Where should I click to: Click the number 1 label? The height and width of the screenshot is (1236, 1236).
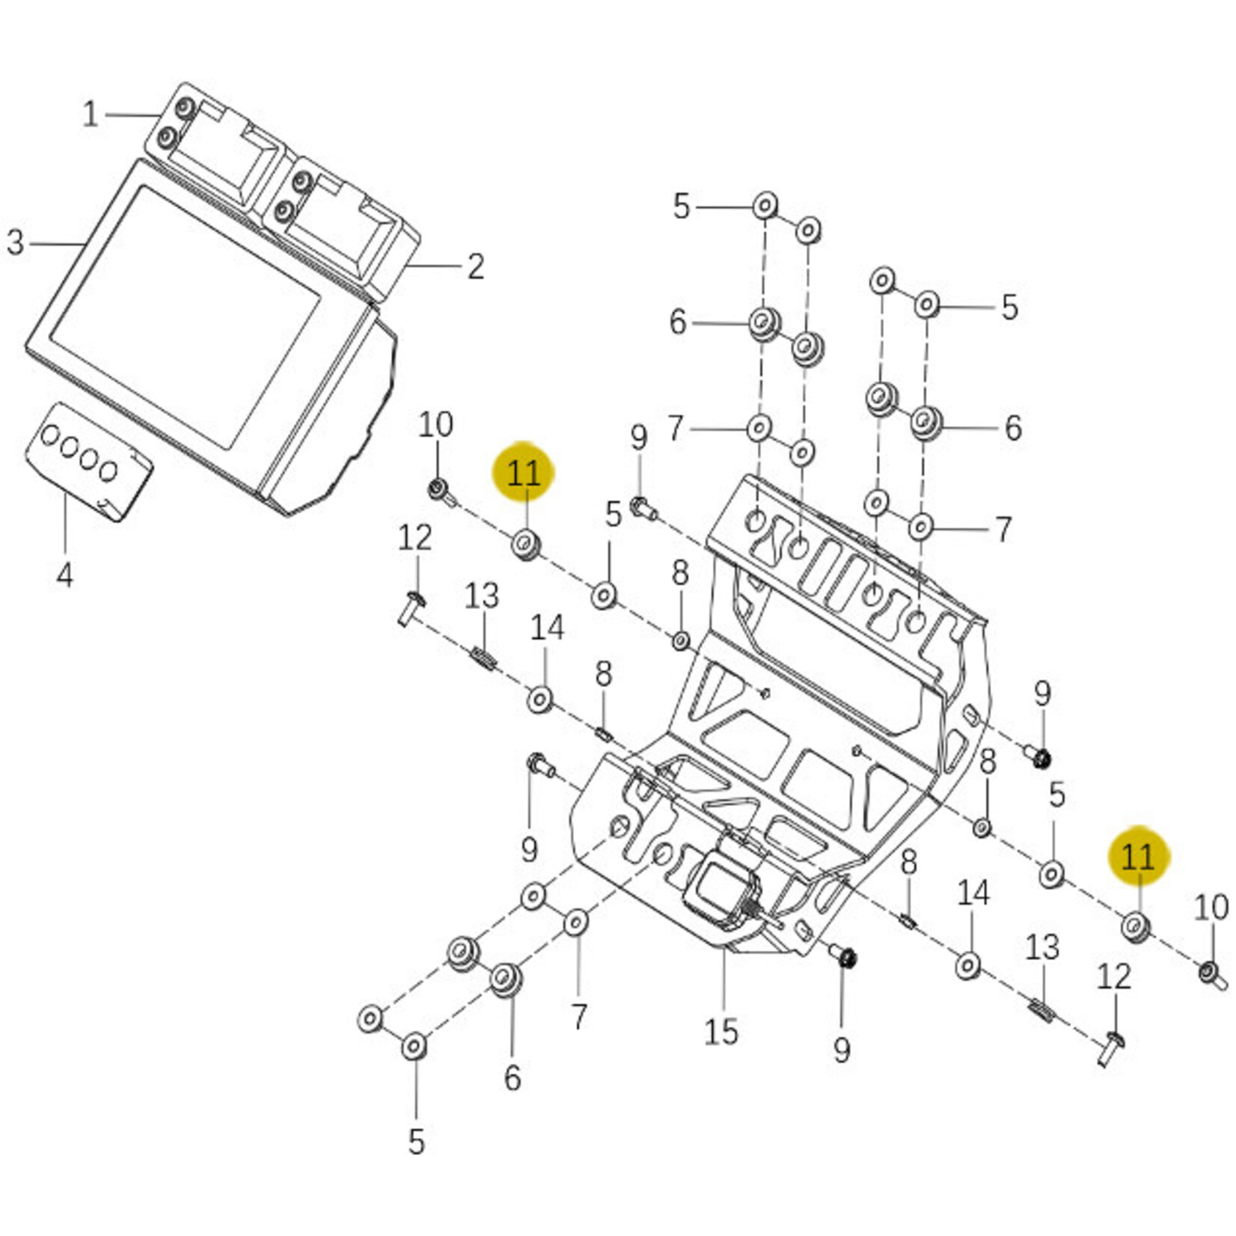(91, 115)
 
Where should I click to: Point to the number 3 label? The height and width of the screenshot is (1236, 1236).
(16, 243)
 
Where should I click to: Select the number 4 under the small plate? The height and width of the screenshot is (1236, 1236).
(65, 575)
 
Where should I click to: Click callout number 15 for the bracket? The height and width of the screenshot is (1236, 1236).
(721, 1032)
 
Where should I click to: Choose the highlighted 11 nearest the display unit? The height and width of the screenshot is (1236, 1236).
(523, 473)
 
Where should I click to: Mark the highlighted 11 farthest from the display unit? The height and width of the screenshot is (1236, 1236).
(1139, 857)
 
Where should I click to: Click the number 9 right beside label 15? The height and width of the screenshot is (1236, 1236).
(842, 1050)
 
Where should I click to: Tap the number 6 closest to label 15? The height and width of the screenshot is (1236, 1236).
(513, 1078)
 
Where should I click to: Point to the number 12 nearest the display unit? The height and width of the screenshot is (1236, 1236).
(414, 538)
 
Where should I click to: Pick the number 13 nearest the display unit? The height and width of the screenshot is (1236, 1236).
(481, 596)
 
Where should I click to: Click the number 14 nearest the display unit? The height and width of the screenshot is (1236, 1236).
(547, 628)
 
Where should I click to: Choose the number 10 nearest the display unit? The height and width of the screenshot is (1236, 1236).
(435, 425)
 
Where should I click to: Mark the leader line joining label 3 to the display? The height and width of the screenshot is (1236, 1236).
(57, 244)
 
